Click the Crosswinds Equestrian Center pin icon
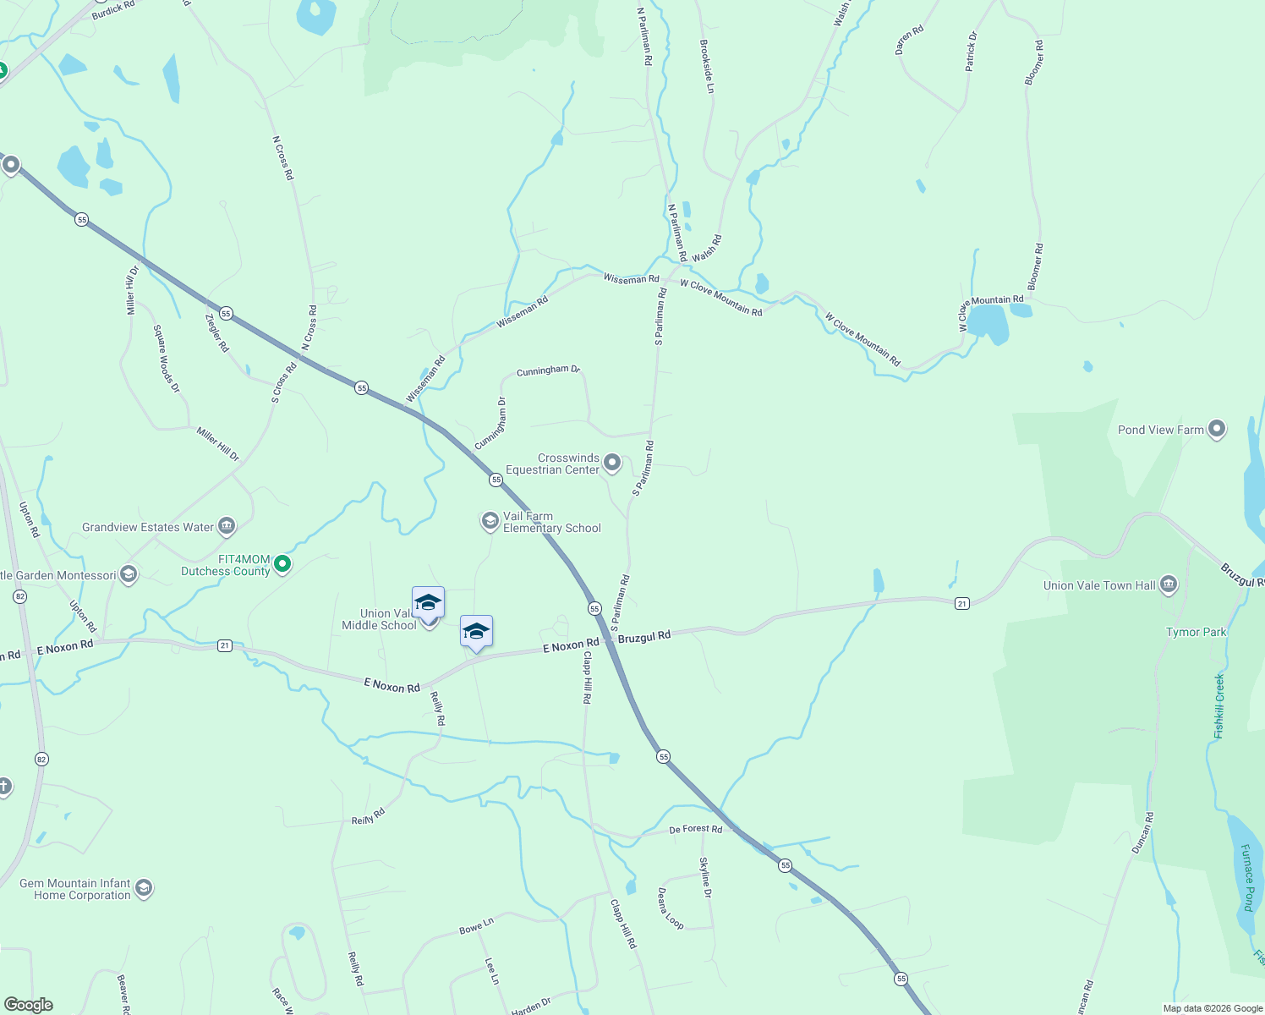pos(612,463)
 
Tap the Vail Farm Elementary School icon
pos(490,521)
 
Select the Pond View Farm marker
pos(1217,430)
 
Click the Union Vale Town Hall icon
pos(1169,584)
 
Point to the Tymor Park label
pos(1196,632)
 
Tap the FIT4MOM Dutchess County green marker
pos(283,564)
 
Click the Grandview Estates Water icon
pos(226,527)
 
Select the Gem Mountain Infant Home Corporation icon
pos(143,888)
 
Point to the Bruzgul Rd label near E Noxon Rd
pos(644,636)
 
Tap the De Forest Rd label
pos(695,829)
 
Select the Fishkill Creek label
pos(1218,705)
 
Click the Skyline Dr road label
pos(705,877)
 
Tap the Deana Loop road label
pos(671,908)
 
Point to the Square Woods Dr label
pos(166,359)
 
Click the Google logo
pos(29,1004)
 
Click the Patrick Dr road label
pos(971,52)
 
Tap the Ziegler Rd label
pos(217,332)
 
